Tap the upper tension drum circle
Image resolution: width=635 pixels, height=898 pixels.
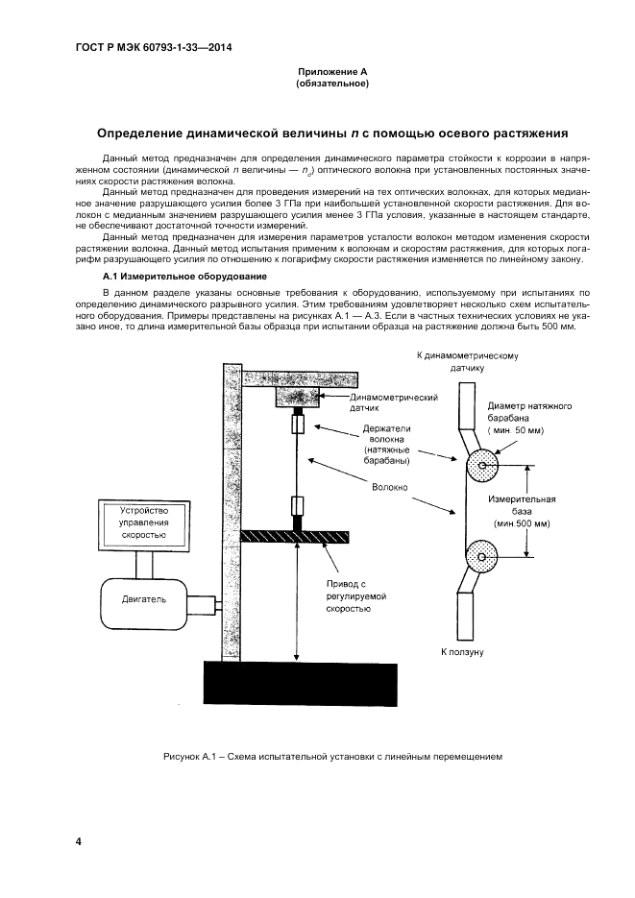pyautogui.click(x=479, y=467)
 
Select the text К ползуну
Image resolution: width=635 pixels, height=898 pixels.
pyautogui.click(x=461, y=651)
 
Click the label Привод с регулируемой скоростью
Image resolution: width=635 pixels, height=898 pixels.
pyautogui.click(x=348, y=595)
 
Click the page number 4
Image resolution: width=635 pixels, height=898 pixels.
pyautogui.click(x=79, y=841)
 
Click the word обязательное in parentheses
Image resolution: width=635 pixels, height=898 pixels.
pyautogui.click(x=333, y=85)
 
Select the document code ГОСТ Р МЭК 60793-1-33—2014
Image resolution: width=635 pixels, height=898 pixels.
pyautogui.click(x=154, y=47)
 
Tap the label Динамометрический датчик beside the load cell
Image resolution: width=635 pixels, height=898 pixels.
pyautogui.click(x=394, y=402)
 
